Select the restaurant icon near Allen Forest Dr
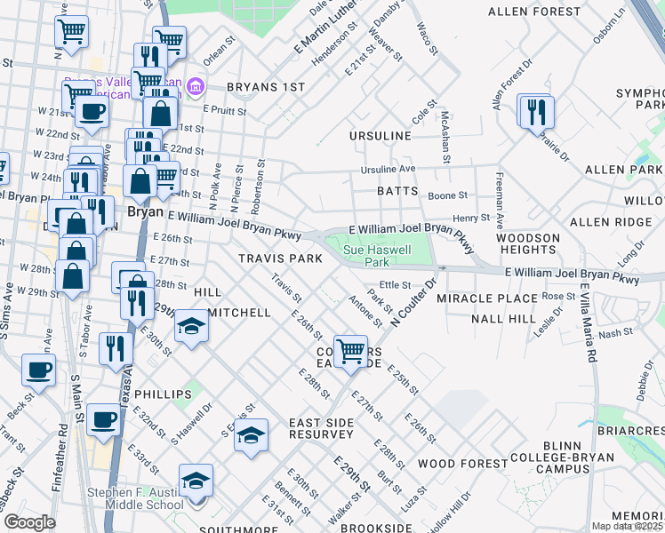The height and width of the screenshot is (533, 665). [x=536, y=112]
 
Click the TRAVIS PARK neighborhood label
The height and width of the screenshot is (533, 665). [x=279, y=258]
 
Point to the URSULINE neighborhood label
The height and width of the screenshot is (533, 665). [x=381, y=136]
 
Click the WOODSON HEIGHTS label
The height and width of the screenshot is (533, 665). [x=528, y=244]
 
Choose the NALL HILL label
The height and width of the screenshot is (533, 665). [x=504, y=318]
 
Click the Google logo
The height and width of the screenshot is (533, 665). [x=29, y=522]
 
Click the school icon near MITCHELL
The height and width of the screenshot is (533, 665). [x=191, y=326]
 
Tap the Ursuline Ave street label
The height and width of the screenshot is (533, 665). [x=388, y=169]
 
